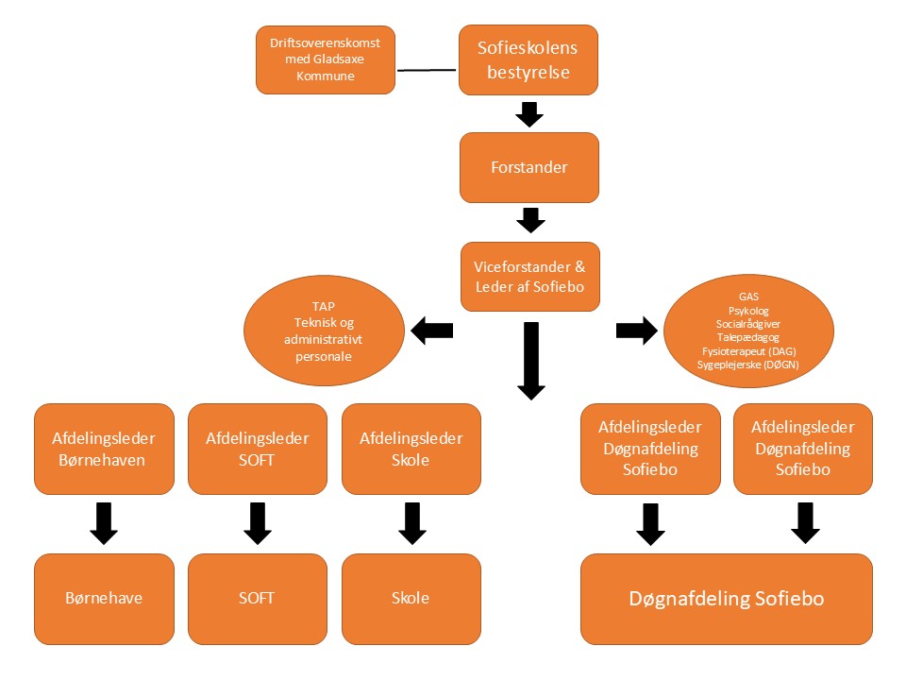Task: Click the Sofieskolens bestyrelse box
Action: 528,60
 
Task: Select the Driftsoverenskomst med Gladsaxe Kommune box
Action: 326,60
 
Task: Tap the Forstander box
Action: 529,167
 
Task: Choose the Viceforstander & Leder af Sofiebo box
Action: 529,276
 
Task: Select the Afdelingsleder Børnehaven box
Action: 104,450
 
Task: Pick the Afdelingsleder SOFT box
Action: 258,450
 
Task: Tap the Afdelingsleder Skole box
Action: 411,450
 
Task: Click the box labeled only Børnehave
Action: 104,599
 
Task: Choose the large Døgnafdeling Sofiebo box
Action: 726,599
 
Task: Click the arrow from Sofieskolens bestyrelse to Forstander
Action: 529,114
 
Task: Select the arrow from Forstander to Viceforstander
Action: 529,220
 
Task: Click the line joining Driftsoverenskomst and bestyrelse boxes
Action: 427,71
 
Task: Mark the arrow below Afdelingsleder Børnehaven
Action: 104,523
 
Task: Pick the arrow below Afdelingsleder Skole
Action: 411,523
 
